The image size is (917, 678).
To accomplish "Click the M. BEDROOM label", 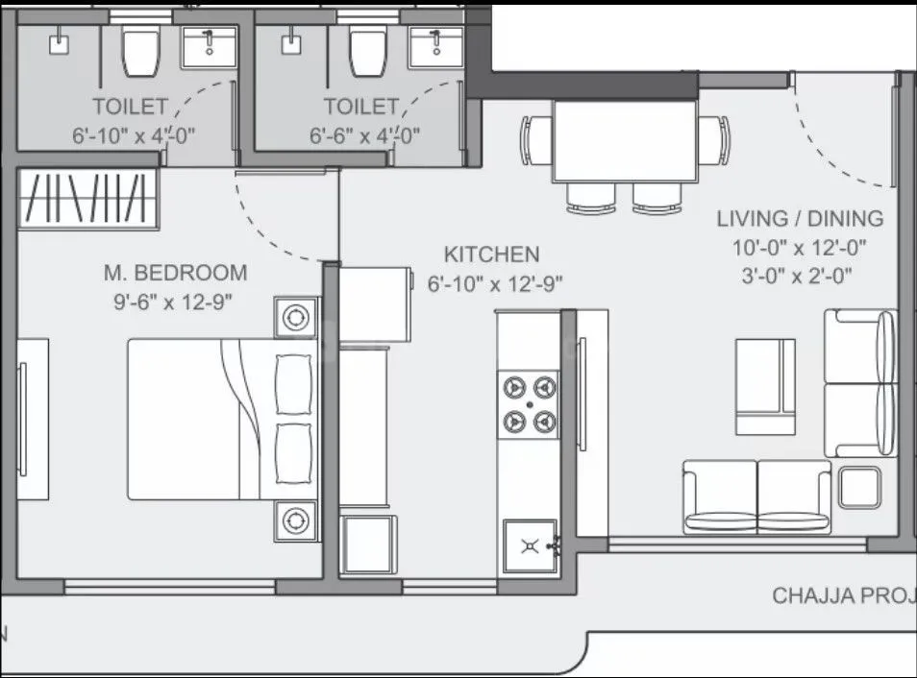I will [x=175, y=273].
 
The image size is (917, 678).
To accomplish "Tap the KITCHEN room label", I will [x=491, y=254].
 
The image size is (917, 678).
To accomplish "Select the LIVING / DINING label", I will [x=800, y=218].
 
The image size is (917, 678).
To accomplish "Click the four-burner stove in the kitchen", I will [x=529, y=402].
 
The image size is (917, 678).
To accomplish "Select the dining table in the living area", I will [x=624, y=140].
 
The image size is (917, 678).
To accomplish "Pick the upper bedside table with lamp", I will [x=296, y=316].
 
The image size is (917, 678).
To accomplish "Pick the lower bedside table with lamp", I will [x=296, y=520].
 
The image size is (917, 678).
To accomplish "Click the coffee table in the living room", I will [x=766, y=386].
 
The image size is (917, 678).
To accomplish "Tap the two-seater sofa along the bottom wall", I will [x=756, y=496].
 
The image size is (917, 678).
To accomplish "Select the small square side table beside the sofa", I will [x=858, y=487].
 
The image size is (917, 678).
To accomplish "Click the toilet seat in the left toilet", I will [x=141, y=50].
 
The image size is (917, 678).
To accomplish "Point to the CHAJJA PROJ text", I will [x=842, y=596].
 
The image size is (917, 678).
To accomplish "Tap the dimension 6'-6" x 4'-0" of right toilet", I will [x=364, y=135].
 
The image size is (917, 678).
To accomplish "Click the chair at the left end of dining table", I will [x=533, y=141].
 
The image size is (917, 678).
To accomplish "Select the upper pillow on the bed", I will [x=294, y=381].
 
